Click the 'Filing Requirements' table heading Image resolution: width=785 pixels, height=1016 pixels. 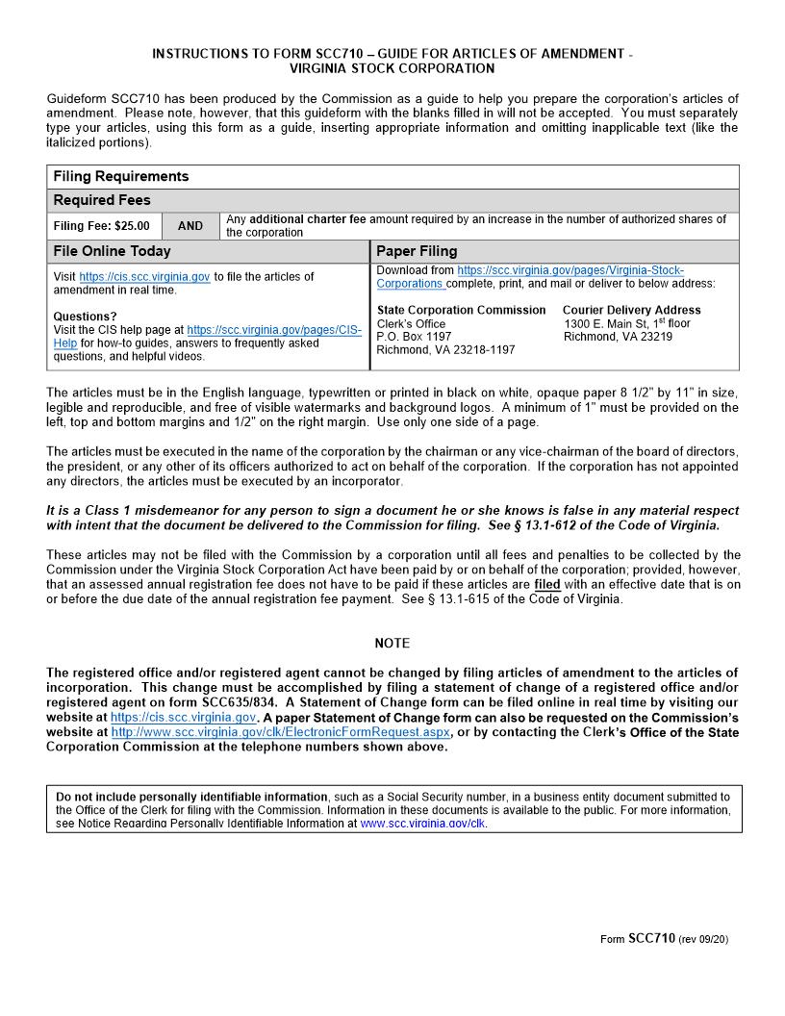click(121, 177)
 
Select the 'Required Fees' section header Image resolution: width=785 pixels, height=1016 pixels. click(102, 201)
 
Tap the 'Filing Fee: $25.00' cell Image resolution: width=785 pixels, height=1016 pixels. click(102, 226)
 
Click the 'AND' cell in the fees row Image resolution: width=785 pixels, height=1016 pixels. click(190, 226)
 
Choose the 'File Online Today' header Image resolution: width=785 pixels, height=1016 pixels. click(112, 251)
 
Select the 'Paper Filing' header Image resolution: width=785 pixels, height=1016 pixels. click(417, 251)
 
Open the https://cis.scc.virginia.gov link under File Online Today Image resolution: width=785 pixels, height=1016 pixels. click(144, 277)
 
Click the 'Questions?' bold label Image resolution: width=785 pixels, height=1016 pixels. click(85, 317)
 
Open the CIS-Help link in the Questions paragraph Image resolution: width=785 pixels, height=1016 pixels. click(274, 330)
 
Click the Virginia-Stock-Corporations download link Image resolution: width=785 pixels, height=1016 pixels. click(570, 271)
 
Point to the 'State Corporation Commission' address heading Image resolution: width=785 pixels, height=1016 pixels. click(461, 310)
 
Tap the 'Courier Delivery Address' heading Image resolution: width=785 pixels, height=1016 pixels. click(631, 310)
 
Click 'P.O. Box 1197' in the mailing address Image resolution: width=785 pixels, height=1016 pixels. click(414, 337)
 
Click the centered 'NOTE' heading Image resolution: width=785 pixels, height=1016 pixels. click(392, 643)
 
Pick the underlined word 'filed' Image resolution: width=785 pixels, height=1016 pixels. click(546, 584)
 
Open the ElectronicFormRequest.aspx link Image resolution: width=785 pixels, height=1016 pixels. click(280, 732)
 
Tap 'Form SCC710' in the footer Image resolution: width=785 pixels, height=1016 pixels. click(638, 939)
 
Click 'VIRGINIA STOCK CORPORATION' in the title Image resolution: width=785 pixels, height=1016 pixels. click(392, 68)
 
